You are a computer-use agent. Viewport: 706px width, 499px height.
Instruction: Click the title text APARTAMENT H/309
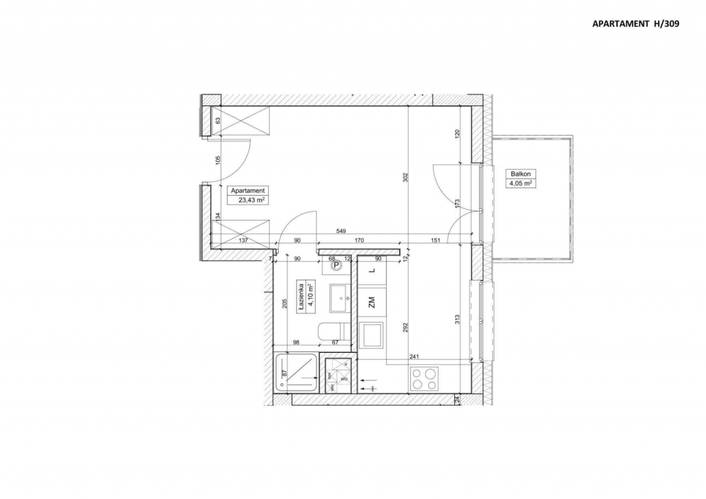click(x=636, y=23)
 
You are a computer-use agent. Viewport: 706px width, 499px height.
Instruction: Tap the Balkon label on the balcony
click(x=519, y=174)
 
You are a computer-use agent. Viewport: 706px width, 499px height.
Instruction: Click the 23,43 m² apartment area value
click(x=252, y=200)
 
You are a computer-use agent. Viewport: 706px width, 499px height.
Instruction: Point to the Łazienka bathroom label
click(x=301, y=296)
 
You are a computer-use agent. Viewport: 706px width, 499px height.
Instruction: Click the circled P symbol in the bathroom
click(x=336, y=265)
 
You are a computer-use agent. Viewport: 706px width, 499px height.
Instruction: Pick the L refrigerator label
click(x=372, y=271)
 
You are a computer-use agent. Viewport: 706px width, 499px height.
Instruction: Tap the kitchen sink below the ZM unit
click(x=372, y=336)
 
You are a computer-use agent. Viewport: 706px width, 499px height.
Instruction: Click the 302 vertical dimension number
click(x=405, y=176)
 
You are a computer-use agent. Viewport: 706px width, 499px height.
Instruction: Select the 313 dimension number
click(x=456, y=318)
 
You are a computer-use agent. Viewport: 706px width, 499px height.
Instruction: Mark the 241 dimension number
click(x=414, y=356)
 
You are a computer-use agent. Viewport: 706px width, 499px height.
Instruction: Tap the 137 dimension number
click(x=243, y=241)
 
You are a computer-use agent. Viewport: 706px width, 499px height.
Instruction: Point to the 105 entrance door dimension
click(x=218, y=161)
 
